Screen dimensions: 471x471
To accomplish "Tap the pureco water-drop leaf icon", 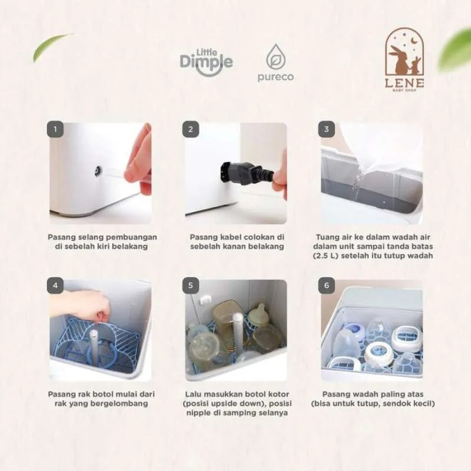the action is (276, 57).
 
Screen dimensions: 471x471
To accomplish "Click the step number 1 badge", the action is (55, 129).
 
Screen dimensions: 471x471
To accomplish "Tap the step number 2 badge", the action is (190, 129).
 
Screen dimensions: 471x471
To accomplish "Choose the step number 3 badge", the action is (327, 129).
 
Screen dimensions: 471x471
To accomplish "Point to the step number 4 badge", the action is (55, 286).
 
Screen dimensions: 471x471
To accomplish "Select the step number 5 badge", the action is (190, 286).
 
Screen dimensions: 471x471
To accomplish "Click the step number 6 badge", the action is (327, 286).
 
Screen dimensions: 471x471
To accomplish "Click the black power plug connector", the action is (247, 172).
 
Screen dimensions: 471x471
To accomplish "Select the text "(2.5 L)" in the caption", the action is (326, 256).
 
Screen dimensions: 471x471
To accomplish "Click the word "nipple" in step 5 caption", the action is (199, 413).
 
